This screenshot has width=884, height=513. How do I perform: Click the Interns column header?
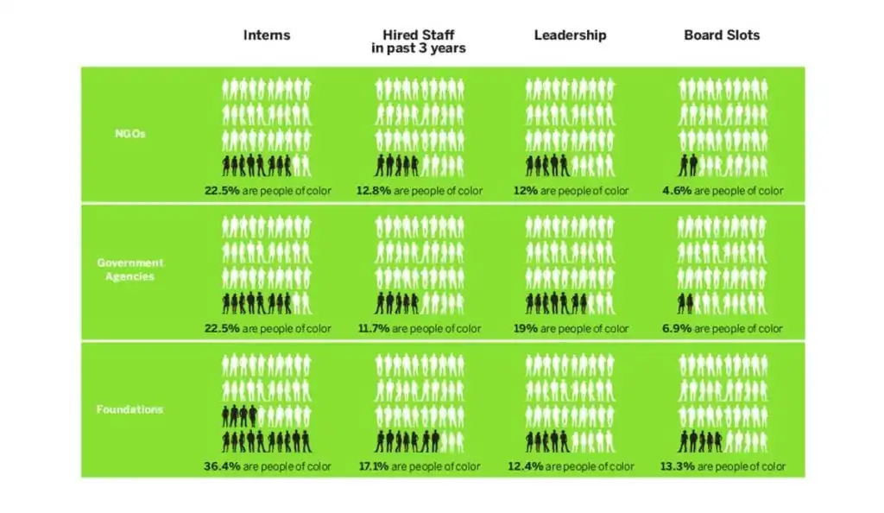[266, 35]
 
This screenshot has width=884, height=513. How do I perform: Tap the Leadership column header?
[570, 35]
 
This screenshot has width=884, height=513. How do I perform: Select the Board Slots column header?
[722, 35]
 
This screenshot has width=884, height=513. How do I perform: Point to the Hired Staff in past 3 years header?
[418, 41]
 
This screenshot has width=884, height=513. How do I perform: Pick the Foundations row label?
[129, 408]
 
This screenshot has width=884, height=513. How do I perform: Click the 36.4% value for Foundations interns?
[220, 467]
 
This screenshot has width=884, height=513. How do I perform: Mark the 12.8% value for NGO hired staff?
[372, 191]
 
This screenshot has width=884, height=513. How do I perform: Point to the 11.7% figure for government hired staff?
[371, 329]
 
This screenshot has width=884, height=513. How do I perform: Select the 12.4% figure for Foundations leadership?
[527, 467]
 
